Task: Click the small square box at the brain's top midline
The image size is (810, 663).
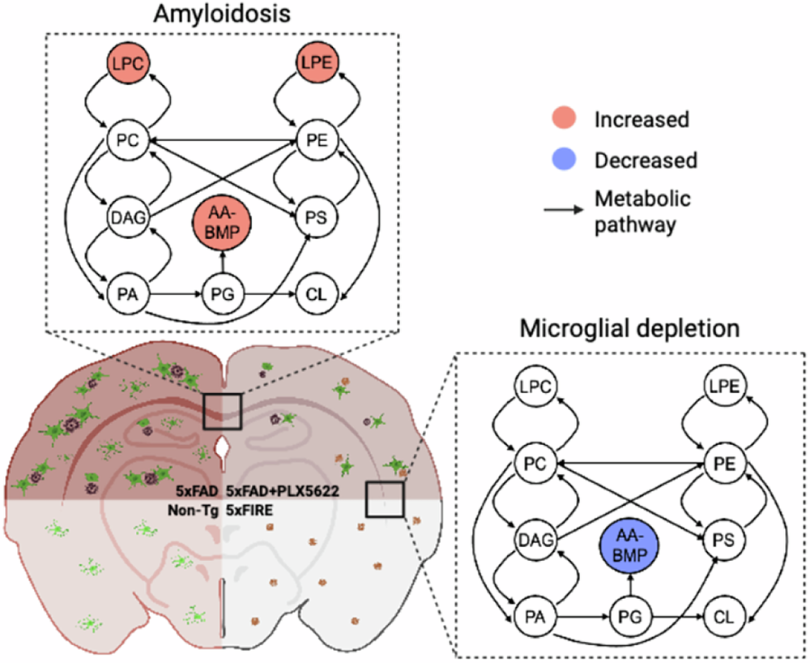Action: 222,411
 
